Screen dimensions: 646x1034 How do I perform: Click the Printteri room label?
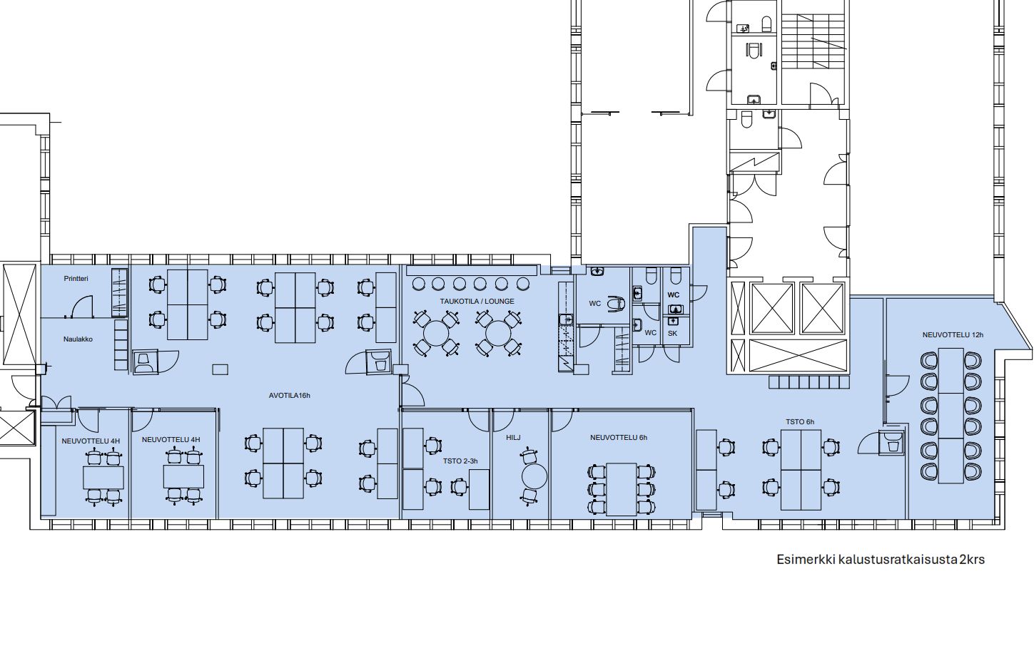[76, 278]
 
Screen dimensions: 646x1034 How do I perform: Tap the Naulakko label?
[78, 339]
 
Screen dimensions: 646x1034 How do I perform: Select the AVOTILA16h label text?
[289, 395]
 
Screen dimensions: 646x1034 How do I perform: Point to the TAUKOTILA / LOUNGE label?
[477, 302]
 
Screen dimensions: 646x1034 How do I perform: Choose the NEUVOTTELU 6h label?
[618, 438]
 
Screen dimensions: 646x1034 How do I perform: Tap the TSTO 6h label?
[799, 422]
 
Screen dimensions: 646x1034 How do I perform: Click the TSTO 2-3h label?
[460, 461]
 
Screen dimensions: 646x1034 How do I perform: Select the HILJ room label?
[513, 438]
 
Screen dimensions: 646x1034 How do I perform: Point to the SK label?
[672, 333]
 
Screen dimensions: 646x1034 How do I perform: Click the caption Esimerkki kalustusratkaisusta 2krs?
[880, 559]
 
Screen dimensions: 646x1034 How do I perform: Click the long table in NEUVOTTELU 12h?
[951, 415]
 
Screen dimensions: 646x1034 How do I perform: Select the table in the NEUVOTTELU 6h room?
[621, 489]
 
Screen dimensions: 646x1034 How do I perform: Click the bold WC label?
[673, 294]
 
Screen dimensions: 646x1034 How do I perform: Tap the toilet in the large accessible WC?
[616, 304]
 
